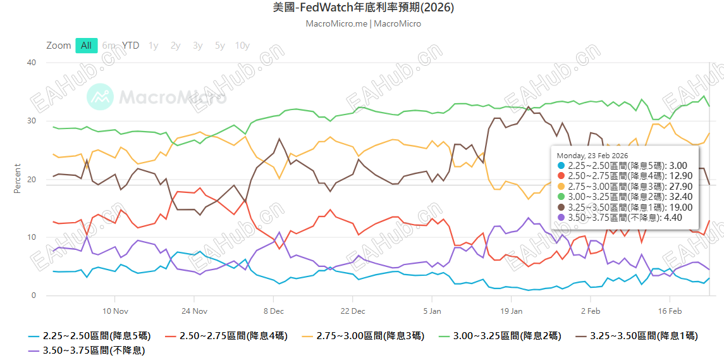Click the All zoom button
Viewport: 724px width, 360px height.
pos(86,46)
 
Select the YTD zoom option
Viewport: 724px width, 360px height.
pos(131,46)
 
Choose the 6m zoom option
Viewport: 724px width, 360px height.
pos(109,46)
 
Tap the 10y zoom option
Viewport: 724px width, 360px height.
pos(242,46)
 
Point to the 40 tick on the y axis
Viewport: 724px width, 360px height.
pos(32,63)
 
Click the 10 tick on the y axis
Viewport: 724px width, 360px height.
pos(32,237)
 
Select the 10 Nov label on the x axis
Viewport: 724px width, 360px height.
pos(116,311)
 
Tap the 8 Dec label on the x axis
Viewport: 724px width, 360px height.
pos(274,311)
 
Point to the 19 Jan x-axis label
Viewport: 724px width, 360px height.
pos(511,311)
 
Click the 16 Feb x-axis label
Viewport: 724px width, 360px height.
pos(670,311)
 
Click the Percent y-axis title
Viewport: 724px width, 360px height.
pos(18,179)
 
